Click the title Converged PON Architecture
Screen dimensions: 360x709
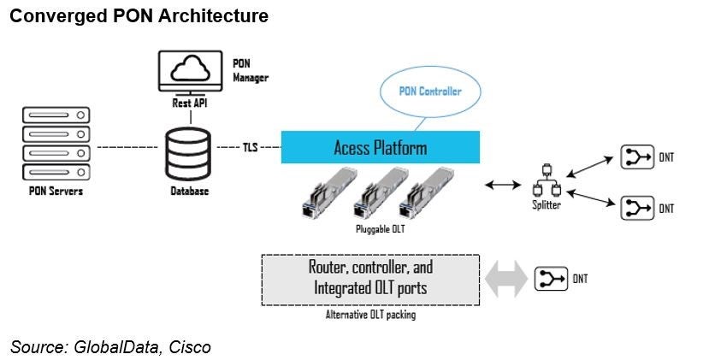pos(139,16)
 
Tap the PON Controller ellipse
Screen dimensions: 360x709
pos(430,91)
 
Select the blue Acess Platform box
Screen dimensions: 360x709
pos(380,148)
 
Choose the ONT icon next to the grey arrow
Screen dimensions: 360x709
pos(552,279)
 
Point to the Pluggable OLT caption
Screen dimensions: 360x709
pos(381,229)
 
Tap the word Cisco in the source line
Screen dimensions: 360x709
pos(189,346)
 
